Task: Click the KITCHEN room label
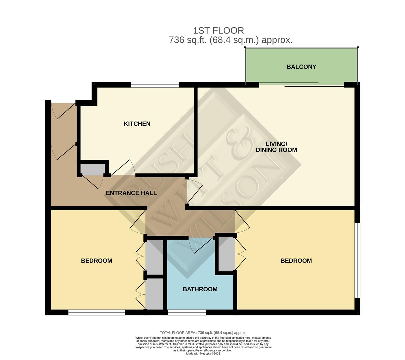(137, 124)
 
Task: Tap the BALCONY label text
(301, 67)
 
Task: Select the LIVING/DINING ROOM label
(276, 147)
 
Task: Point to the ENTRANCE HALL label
(131, 193)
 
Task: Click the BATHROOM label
(200, 289)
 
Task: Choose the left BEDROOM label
(97, 261)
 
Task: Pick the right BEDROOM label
(296, 261)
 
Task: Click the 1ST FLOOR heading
(218, 31)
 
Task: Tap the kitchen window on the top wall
(155, 85)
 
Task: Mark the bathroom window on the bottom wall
(187, 312)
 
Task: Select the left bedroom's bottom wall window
(97, 312)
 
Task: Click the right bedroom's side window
(357, 260)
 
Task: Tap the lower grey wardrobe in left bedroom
(154, 294)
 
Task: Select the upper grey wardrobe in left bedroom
(154, 257)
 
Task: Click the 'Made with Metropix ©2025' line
(203, 354)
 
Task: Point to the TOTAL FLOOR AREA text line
(203, 333)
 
